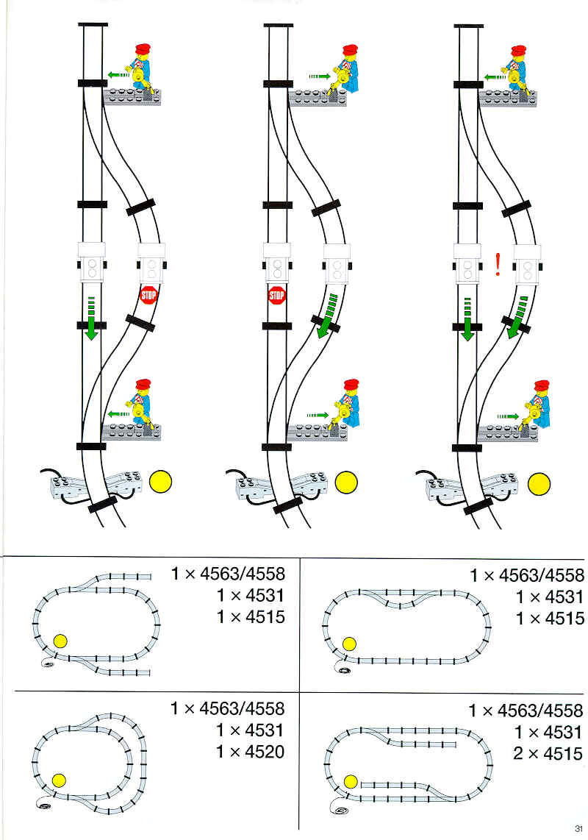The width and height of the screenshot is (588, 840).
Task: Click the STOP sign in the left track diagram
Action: click(x=148, y=295)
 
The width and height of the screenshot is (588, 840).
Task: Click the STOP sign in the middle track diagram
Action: click(x=276, y=295)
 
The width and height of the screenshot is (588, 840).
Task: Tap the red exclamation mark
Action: click(x=498, y=265)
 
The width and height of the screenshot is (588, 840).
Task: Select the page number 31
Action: click(x=578, y=828)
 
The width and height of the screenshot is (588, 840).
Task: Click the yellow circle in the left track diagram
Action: click(x=160, y=482)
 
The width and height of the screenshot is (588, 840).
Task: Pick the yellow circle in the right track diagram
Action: click(x=539, y=484)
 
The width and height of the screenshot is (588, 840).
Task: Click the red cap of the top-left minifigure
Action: click(x=143, y=50)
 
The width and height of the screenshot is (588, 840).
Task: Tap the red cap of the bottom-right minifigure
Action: click(x=542, y=385)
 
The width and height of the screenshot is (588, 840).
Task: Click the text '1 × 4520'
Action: click(x=250, y=752)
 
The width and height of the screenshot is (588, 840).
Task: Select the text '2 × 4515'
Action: click(x=548, y=754)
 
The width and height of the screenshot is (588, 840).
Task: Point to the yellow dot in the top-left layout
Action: click(x=60, y=640)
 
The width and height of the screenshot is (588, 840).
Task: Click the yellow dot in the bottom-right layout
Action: click(x=351, y=782)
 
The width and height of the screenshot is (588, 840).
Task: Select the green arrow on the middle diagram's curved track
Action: click(x=327, y=316)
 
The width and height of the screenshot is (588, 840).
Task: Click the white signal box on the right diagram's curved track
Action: click(x=527, y=263)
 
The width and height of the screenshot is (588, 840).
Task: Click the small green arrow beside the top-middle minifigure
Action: click(x=319, y=76)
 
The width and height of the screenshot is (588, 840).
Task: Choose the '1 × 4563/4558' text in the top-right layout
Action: click(x=528, y=575)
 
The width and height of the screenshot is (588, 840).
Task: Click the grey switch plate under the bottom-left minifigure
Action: click(x=131, y=431)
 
